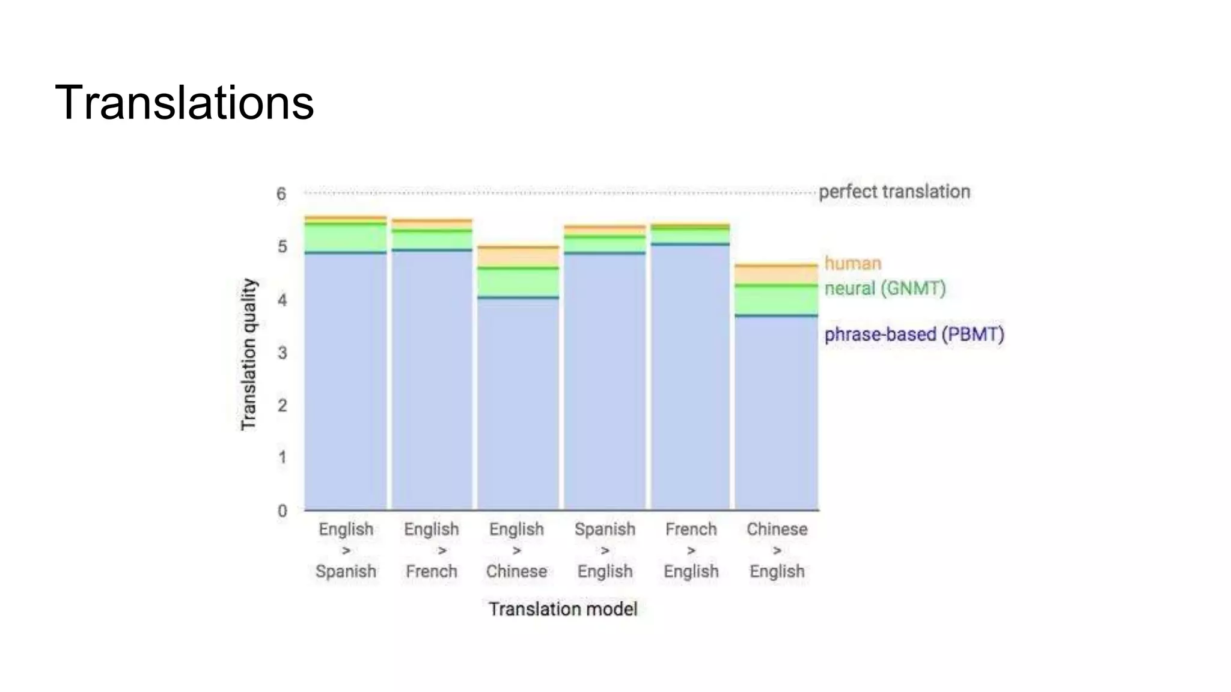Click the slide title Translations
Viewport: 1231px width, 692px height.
point(184,103)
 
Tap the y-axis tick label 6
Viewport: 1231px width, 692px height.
point(281,194)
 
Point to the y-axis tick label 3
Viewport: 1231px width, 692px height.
point(282,353)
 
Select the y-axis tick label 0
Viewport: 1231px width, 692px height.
point(282,511)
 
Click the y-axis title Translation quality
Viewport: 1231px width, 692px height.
point(248,354)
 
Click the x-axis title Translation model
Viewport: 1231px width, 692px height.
point(563,609)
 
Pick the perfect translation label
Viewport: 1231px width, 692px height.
point(894,192)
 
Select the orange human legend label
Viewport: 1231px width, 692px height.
point(852,263)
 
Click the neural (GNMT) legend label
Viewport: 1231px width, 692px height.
point(885,288)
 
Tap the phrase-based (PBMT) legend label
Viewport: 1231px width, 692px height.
point(914,334)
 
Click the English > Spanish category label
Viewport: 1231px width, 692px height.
point(346,550)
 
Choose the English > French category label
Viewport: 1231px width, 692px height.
point(432,550)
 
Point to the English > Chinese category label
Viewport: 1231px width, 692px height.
point(516,550)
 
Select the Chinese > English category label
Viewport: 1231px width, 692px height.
point(777,550)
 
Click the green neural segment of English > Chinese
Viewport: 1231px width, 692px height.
point(518,282)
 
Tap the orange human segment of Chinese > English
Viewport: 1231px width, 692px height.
point(776,275)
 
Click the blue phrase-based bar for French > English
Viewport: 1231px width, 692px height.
point(690,378)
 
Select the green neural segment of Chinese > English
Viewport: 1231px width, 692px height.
point(776,300)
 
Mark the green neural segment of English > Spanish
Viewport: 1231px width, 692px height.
point(346,238)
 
